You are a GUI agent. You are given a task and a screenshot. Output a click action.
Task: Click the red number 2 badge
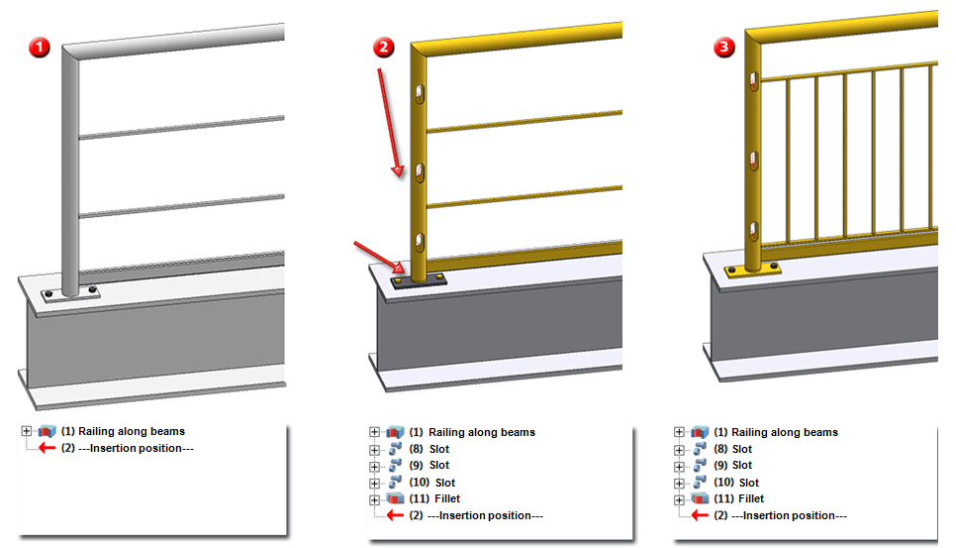(383, 46)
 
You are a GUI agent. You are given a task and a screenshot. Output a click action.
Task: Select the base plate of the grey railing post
(70, 293)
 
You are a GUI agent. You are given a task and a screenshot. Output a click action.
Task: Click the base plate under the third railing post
(754, 270)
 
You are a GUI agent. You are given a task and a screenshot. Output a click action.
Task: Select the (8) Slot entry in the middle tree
(431, 449)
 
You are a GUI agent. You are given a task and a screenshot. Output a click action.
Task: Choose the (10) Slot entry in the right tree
(735, 482)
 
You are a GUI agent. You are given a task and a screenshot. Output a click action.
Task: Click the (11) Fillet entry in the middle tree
(434, 498)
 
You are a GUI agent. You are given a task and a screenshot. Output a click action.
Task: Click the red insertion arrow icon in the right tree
(701, 515)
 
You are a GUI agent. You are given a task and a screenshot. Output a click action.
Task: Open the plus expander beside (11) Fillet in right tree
(679, 498)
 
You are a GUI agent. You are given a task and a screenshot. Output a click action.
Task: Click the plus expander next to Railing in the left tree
(25, 431)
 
